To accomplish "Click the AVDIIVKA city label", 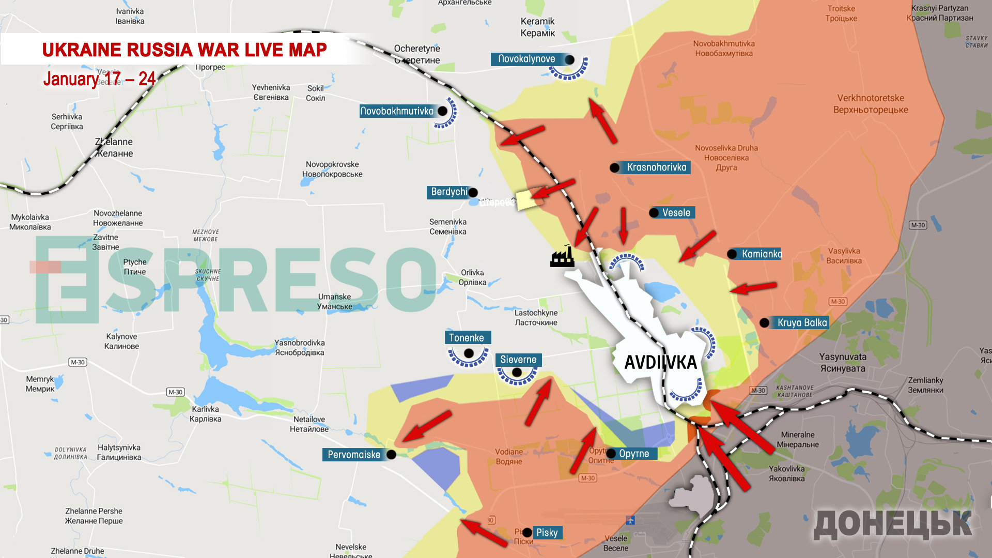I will tap(660, 362).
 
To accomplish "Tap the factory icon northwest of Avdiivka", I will tap(562, 256).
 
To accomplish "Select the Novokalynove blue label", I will tap(527, 59).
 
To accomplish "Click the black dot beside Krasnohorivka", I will tap(614, 167).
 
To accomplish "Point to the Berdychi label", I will tap(448, 192).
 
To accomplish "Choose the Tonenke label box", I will tap(467, 337).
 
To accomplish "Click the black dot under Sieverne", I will tap(517, 372).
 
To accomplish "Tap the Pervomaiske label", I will tap(354, 455).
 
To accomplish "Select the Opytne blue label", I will tap(634, 454).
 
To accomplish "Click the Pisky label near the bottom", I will tap(547, 532).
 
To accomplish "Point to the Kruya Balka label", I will tap(802, 322).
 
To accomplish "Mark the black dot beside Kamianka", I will tap(732, 254).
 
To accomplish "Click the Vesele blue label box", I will tap(676, 212).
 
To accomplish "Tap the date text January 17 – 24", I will tap(99, 79).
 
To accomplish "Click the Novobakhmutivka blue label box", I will tap(397, 111).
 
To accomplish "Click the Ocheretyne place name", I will tap(417, 49).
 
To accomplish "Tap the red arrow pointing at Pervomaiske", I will tap(426, 426).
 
